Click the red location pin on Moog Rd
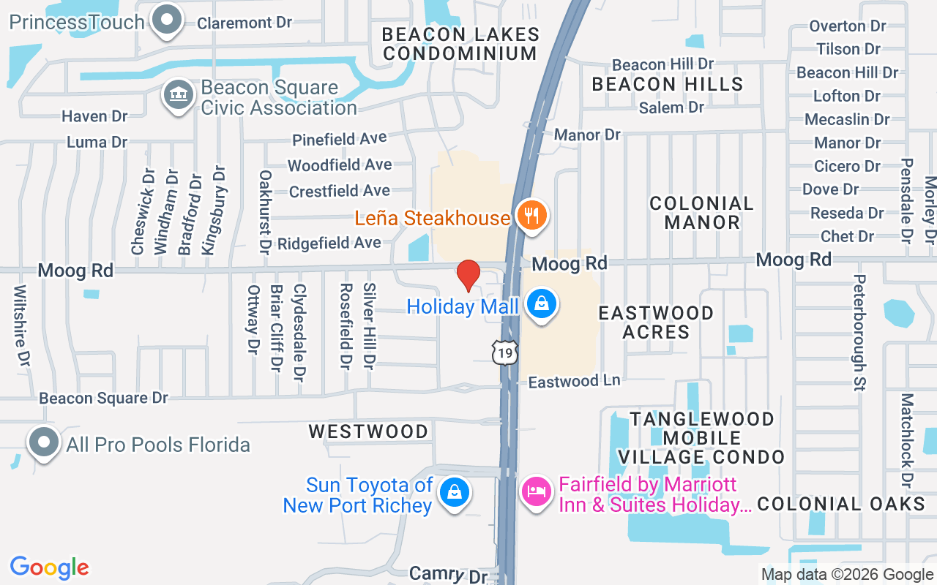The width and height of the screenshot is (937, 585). pos(468,276)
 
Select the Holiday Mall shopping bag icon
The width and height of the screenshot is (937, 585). pos(541,304)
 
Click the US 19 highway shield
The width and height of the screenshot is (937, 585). pos(505,352)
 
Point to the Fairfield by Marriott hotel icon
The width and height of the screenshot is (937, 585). pos(537,491)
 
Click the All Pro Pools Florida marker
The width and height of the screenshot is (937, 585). pos(44,442)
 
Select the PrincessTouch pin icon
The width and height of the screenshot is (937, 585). pos(166,19)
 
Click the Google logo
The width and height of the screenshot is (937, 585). pos(50,567)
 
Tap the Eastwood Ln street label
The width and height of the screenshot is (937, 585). pos(575,382)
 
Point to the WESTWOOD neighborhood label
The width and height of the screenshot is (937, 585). pos(368,431)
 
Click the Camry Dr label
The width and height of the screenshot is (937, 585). pos(448,575)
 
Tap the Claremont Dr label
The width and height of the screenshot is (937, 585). pos(244,23)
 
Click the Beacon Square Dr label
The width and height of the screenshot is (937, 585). pos(104,399)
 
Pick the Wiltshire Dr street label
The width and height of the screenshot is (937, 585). pos(23,326)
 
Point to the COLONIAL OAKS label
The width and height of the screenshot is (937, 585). pos(841,504)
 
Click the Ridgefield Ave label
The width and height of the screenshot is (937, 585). pos(329,243)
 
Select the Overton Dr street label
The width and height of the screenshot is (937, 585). pos(848,26)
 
